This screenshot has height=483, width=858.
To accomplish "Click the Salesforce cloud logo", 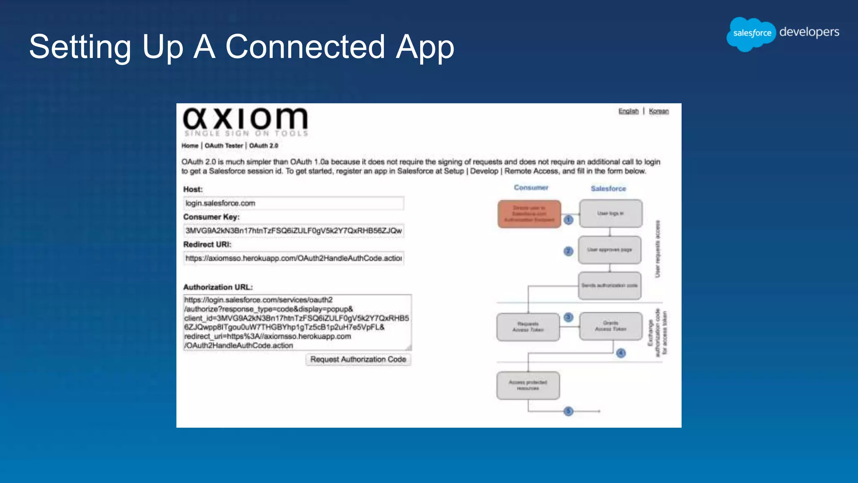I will pos(752,34).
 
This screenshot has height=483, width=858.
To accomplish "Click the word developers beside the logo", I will pos(809,32).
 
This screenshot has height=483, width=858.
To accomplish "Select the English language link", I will pos(628,111).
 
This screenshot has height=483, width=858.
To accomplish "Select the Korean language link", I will pos(659,111).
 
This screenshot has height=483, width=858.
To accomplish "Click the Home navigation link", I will pos(190,145).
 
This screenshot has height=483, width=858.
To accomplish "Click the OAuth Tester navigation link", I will pos(224,145).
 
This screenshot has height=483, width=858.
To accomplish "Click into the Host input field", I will pos(293,203).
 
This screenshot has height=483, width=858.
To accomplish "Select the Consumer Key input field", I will pos(293,231).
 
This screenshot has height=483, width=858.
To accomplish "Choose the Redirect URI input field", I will pos(293,258).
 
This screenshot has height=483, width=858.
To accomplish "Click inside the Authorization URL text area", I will pos(297,322).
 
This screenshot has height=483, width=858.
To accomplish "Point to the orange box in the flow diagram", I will pos(529,214).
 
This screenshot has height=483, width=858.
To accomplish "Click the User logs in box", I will pos(610,213).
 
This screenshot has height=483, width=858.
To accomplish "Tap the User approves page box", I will pos(609,250).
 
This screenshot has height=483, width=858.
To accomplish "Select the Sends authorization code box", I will pos(609,286).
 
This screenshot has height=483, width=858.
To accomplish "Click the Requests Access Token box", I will pos(528,327).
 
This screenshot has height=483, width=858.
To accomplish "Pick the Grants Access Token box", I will pos(610,326).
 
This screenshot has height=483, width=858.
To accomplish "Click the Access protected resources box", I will pos(528,385).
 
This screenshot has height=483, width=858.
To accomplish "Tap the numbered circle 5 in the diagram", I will pos(568,411).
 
